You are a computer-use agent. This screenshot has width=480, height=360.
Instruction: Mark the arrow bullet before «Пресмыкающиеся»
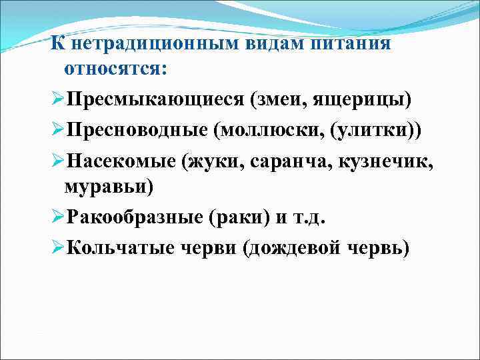(x=58, y=99)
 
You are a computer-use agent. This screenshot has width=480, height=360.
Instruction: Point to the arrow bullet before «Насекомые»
(x=58, y=159)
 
